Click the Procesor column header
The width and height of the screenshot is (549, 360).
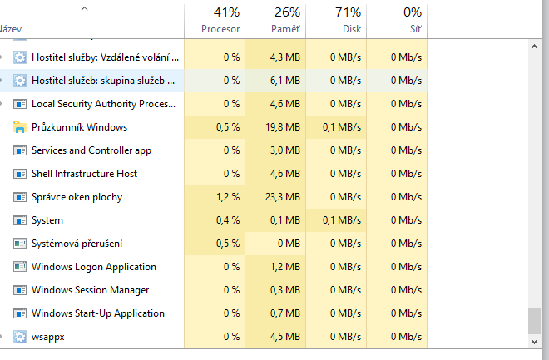tap(220, 28)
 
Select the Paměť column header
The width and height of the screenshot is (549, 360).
tap(285, 28)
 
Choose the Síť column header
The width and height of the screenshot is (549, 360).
tap(413, 28)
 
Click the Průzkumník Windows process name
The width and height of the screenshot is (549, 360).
tap(79, 127)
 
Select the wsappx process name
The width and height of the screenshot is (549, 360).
tap(49, 337)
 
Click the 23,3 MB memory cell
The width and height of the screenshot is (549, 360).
tap(282, 197)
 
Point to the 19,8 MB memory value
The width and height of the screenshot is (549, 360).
tap(282, 127)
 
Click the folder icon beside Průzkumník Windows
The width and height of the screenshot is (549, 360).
tap(20, 127)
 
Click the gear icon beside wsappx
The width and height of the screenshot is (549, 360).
tap(20, 337)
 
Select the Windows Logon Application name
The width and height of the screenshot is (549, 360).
tap(93, 267)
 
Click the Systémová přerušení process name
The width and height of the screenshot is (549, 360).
tap(77, 244)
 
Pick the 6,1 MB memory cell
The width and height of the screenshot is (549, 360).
tap(284, 81)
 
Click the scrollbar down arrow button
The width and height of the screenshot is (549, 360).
tap(534, 341)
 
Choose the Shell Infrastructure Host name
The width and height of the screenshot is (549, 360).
tap(84, 174)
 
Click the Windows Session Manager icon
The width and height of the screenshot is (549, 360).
tap(20, 290)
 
